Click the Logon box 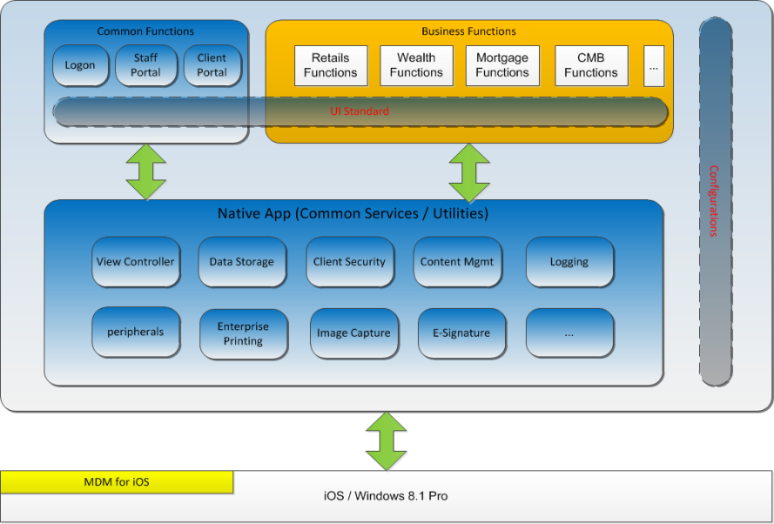tap(80, 65)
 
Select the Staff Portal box tap(145, 65)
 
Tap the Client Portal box tap(212, 65)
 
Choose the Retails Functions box tap(330, 66)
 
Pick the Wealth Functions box tap(416, 66)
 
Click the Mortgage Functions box tap(502, 66)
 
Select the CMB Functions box tap(591, 66)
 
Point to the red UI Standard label tap(360, 111)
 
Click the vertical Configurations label tap(714, 201)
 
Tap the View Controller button tap(135, 261)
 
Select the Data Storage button tap(241, 261)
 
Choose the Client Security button tap(348, 261)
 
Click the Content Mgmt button tap(457, 261)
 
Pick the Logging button tap(569, 261)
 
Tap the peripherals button tap(135, 332)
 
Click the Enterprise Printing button tap(243, 333)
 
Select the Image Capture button tap(353, 333)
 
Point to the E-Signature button tap(461, 333)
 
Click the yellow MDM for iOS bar tap(117, 481)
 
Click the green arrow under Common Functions tap(145, 170)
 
